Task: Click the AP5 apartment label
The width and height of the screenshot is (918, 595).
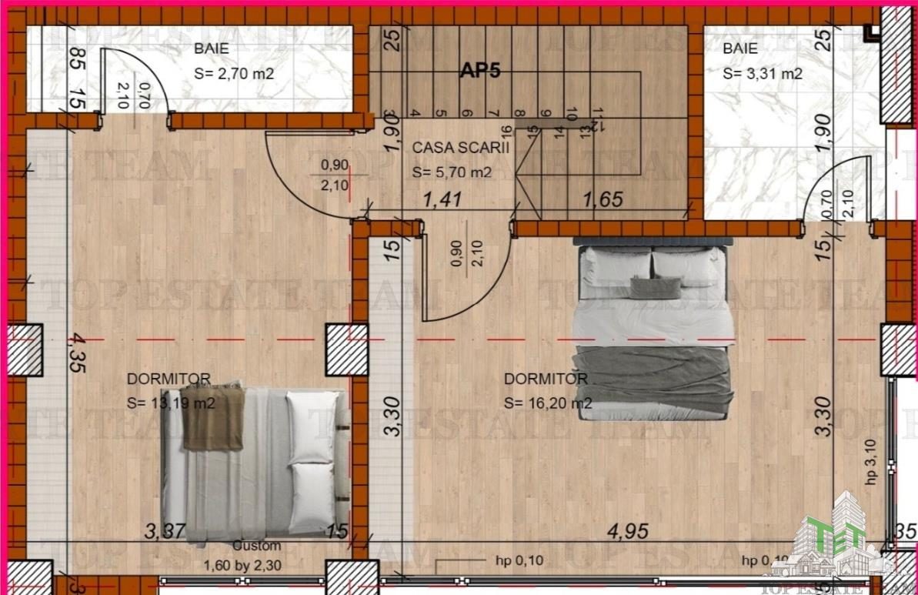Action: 480,71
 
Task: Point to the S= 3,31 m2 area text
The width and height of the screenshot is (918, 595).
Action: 763,75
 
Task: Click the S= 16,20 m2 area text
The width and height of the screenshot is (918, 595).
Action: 548,403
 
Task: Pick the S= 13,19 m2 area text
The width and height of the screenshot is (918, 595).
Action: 171,403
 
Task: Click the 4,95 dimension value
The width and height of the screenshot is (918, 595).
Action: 628,530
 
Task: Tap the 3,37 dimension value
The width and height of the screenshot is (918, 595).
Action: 165,530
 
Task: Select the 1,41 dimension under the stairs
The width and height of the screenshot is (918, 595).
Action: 442,200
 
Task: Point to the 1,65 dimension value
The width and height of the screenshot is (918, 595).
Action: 604,200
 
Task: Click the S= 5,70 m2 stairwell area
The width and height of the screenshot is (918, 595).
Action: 451,172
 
